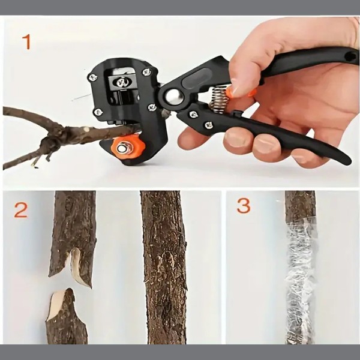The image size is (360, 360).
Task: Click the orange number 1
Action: tap(26, 42)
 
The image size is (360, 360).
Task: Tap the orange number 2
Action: tap(21, 210)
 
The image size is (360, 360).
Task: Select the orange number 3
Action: tap(244, 206)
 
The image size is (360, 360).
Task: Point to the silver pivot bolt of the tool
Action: tap(173, 96)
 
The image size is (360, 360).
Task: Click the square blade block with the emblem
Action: tap(121, 82)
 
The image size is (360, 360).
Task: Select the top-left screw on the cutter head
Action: tap(93, 77)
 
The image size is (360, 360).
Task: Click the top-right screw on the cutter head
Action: tap(147, 72)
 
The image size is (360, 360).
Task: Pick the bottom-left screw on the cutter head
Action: tap(98, 113)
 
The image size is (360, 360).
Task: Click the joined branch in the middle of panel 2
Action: tap(164, 268)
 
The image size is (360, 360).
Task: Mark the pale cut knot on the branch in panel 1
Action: tap(86, 129)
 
